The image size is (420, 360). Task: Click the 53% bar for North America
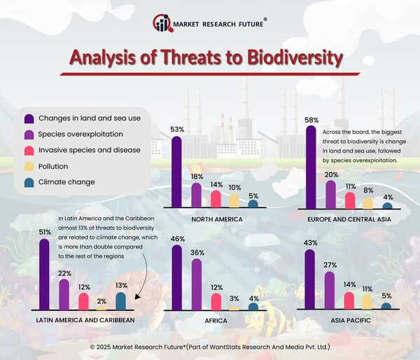point(176,172)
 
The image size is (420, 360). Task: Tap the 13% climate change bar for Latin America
point(120,301)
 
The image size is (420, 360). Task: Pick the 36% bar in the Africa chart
point(196,284)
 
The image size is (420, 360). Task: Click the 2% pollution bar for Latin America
point(102,307)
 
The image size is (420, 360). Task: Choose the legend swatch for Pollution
point(29,166)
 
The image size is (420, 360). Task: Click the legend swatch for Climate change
point(29,182)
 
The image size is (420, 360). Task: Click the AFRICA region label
point(215,320)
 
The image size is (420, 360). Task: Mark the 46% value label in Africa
point(177,240)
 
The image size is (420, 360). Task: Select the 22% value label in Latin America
point(64,273)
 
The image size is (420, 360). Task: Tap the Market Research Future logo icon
point(162,24)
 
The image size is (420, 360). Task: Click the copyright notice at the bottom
point(210,347)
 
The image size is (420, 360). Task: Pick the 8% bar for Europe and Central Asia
point(367,203)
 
